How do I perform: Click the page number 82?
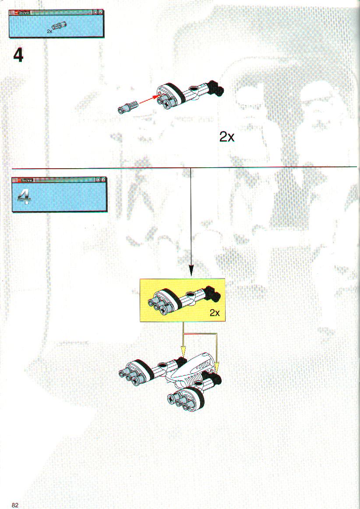pos(15,505)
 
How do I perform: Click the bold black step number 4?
pos(18,56)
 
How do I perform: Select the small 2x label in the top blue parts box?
pos(49,31)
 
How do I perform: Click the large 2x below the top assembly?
pos(226,137)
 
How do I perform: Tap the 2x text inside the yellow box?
pos(215,313)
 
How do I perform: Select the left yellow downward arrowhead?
pos(183,352)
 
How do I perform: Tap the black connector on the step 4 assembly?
pos(215,88)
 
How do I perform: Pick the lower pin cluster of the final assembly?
pos(184,398)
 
